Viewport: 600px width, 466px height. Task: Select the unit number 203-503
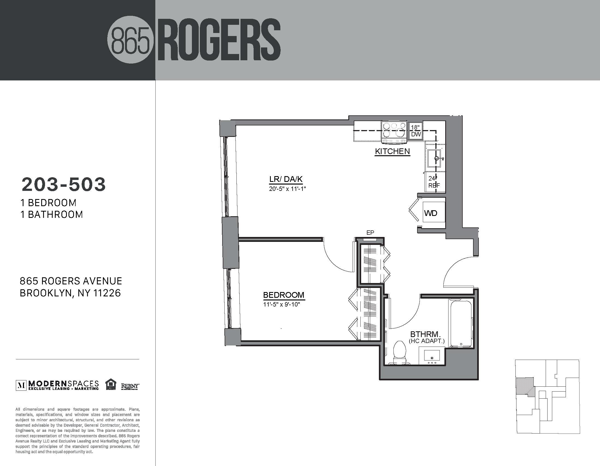(x=64, y=184)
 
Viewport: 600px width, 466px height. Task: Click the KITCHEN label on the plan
(x=392, y=151)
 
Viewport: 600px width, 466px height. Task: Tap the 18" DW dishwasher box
(x=416, y=131)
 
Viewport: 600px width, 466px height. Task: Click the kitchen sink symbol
(x=435, y=158)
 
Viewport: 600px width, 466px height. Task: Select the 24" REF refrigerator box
(x=434, y=182)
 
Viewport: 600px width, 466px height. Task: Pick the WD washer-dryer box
(x=431, y=213)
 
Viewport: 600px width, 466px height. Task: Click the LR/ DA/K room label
(x=286, y=179)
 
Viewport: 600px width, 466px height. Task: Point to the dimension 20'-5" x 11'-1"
(x=287, y=189)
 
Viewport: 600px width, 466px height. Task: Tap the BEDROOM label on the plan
(x=284, y=295)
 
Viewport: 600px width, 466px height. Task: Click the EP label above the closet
(x=370, y=233)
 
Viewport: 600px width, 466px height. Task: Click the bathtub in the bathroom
(x=461, y=324)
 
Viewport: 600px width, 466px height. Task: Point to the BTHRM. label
(x=426, y=334)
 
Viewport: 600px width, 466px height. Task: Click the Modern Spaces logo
(x=57, y=385)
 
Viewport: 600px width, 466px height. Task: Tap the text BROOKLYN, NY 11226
(x=70, y=293)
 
